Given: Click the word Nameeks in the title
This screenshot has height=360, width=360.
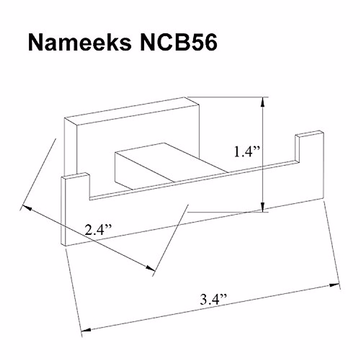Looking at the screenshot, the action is [80, 43].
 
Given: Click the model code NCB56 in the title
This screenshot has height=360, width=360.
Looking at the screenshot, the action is [179, 43].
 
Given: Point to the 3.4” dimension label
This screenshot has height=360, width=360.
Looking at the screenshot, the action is [213, 299].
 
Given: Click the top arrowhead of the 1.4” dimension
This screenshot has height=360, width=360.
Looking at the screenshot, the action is [262, 102].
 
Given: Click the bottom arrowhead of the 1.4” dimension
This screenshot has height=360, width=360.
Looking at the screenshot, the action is [262, 207].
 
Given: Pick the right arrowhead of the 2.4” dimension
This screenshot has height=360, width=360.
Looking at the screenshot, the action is [150, 268].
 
